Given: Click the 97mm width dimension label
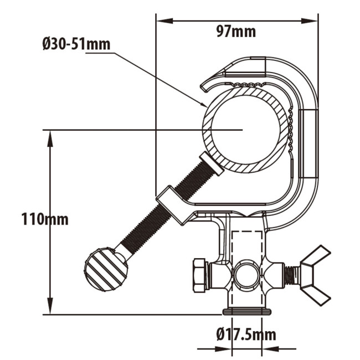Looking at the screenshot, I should point(236,32).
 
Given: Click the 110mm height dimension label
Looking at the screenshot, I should point(45,219).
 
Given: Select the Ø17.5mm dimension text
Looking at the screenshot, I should point(246,334).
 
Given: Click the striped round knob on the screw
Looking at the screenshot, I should point(106,270).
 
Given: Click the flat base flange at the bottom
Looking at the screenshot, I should point(247,311).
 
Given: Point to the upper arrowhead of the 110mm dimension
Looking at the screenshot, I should point(50,136).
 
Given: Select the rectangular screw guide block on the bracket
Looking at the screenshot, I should point(174,205).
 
